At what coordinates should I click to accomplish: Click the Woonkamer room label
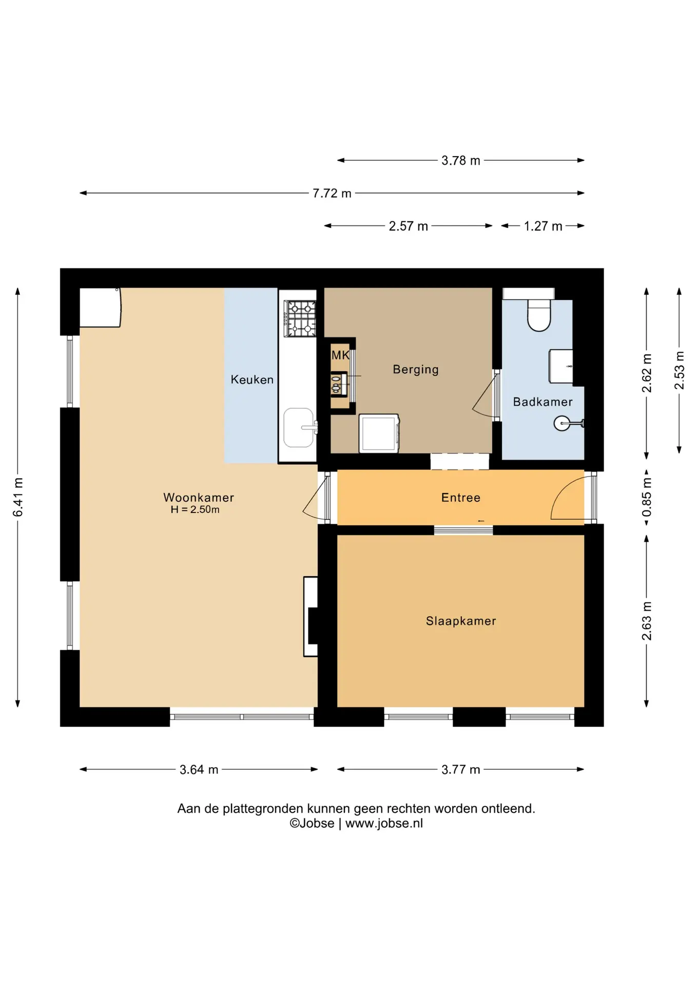pyautogui.click(x=199, y=497)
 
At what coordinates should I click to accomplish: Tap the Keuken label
pyautogui.click(x=252, y=380)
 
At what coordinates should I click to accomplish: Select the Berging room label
pyautogui.click(x=416, y=369)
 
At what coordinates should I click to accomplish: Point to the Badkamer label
pyautogui.click(x=543, y=402)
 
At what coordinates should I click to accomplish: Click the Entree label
pyautogui.click(x=461, y=497)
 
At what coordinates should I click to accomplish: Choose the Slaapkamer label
pyautogui.click(x=461, y=621)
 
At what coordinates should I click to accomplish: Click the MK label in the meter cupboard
pyautogui.click(x=340, y=355)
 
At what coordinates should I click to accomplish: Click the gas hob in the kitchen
pyautogui.click(x=300, y=319)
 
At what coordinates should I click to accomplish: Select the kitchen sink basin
pyautogui.click(x=299, y=427)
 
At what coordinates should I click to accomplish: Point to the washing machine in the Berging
pyautogui.click(x=379, y=433)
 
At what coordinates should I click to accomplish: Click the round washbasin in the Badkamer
pyautogui.click(x=562, y=424)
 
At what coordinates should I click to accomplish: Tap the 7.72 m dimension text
pyautogui.click(x=332, y=193)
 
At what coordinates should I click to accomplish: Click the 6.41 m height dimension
pyautogui.click(x=17, y=497)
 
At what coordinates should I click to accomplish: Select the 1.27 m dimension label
pyautogui.click(x=543, y=226)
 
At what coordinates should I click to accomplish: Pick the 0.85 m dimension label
pyautogui.click(x=647, y=497)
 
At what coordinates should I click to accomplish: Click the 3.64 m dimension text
pyautogui.click(x=199, y=769)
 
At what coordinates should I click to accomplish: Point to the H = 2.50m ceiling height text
pyautogui.click(x=195, y=509)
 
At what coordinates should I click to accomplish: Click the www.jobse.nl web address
pyautogui.click(x=384, y=823)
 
